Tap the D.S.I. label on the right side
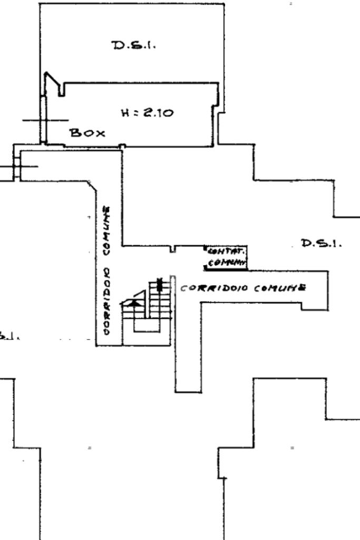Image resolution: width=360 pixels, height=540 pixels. point(321,243)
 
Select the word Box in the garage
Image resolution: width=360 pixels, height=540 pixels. point(87,133)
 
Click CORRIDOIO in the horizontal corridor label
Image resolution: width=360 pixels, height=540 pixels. point(215,289)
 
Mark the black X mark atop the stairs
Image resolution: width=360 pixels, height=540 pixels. point(160,286)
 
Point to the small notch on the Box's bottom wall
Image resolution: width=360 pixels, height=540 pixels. point(122,146)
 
